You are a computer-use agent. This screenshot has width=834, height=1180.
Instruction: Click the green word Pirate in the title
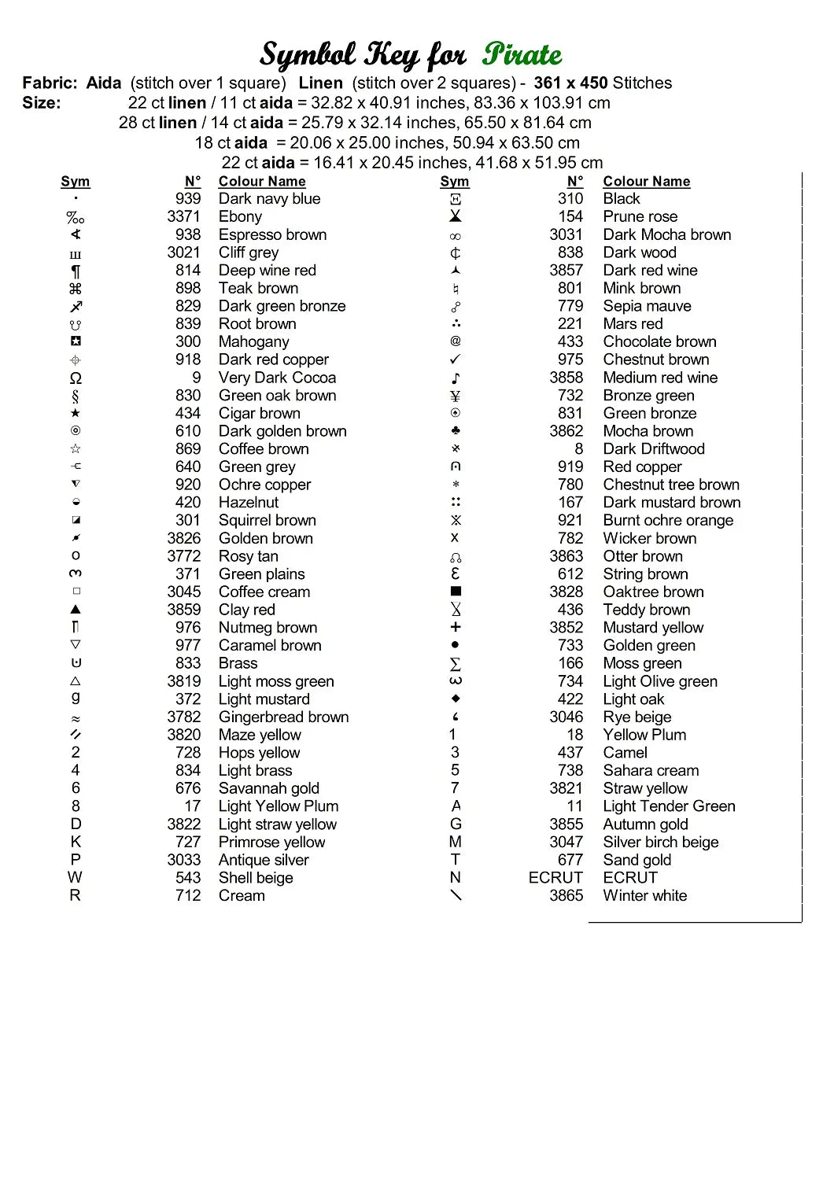[522, 54]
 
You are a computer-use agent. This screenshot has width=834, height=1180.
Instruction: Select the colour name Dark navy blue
[269, 199]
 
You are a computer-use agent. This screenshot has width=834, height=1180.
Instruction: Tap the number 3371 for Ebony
[183, 216]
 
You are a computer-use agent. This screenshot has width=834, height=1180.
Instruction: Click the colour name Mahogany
[253, 342]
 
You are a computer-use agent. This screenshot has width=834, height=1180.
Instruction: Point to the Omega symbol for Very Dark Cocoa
[76, 378]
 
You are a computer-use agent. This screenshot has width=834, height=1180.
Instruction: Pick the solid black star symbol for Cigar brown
[76, 413]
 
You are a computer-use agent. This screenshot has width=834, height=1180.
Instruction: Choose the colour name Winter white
[644, 896]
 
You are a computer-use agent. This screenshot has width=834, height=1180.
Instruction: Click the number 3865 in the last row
[566, 896]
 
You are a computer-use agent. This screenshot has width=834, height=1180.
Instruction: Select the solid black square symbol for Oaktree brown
[456, 592]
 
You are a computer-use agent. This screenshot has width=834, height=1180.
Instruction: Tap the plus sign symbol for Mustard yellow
[456, 627]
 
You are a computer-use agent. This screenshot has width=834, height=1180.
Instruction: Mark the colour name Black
[622, 199]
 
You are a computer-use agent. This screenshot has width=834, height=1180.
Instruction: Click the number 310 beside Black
[570, 199]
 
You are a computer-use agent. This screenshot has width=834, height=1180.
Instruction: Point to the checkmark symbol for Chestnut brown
[456, 360]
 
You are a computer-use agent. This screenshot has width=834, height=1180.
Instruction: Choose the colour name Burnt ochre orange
[668, 521]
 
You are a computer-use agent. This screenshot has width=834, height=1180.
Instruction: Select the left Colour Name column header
[262, 182]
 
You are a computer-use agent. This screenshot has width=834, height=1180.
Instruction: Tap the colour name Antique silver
[264, 861]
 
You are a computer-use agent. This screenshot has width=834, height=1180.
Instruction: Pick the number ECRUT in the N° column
[555, 878]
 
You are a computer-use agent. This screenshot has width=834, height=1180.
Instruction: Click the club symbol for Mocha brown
[456, 431]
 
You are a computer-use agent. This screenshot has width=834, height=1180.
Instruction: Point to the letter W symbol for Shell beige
[76, 878]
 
